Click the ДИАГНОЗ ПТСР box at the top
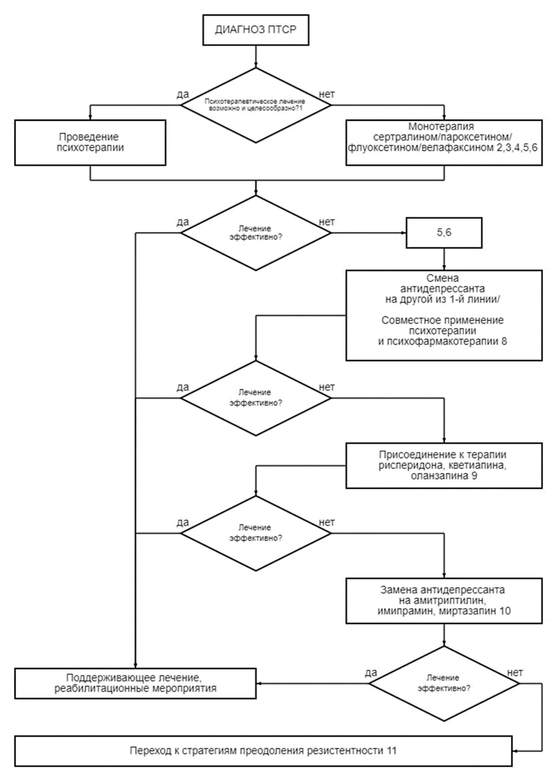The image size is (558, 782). pos(255,30)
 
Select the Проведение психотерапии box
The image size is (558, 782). pos(90,142)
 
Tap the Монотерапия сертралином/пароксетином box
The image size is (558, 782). pos(444,142)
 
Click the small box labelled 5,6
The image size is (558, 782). pos(444,233)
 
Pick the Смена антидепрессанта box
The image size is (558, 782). pos(444,315)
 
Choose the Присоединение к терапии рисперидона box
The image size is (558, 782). pos(444,465)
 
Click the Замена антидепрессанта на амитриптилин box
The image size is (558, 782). pos(444,601)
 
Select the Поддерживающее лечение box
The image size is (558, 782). pos(135,683)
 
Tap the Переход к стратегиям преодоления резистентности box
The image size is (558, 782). pos(263,751)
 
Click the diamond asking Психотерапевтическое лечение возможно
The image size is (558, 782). pos(255,105)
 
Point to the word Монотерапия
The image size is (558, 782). pos(441,127)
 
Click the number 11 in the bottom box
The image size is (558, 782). pos(392,751)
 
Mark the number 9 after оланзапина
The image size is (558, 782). pos(474,475)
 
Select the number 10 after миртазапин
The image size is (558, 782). pos(505,611)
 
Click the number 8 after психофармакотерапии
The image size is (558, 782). pos(504,341)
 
